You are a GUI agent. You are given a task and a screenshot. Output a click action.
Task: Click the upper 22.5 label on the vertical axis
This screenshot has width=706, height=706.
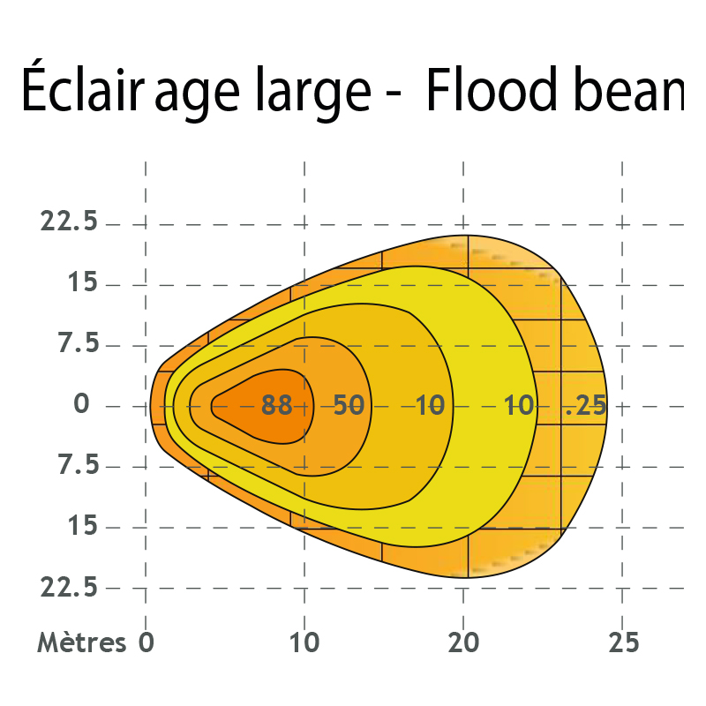70,222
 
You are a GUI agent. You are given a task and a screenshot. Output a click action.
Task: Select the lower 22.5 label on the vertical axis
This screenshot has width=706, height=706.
70,588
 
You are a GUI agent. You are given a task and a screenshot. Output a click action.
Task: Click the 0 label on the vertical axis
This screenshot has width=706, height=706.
82,405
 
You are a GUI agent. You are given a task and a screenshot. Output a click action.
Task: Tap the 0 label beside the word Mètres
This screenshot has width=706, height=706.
146,642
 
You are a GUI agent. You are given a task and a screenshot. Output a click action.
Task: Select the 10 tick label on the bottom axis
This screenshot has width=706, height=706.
304,642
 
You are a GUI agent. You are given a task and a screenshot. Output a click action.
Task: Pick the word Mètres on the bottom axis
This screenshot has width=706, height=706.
82,642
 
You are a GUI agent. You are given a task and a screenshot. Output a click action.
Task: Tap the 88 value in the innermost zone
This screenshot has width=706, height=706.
277,406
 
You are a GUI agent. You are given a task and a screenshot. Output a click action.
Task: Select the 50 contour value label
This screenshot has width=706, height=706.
349,406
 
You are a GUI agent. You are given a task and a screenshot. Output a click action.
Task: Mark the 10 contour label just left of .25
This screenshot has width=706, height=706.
520,406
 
